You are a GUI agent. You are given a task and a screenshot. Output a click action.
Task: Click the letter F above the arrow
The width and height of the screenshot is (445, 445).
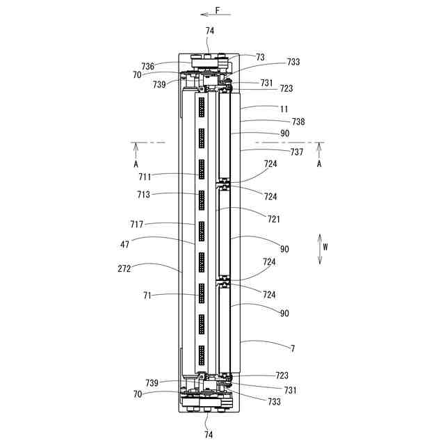pos(218,10)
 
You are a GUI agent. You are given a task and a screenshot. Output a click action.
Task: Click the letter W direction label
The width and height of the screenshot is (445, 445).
pos(325,246)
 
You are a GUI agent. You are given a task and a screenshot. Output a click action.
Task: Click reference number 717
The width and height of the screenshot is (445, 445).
pos(138,224)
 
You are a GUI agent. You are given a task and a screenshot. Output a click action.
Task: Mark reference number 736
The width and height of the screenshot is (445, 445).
pos(148,66)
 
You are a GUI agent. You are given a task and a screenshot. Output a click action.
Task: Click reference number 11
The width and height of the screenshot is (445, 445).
pos(284,108)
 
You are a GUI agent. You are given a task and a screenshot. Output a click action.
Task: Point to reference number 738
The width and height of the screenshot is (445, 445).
pos(298,122)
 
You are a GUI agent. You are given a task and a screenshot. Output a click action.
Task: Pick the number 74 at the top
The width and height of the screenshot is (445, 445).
pos(210,31)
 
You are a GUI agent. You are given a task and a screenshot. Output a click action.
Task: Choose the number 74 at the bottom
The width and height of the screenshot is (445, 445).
pos(209,434)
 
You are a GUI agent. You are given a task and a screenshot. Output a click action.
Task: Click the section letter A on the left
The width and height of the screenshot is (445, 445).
pos(137,164)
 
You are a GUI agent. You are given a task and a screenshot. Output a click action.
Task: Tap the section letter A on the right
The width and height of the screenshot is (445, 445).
pos(319,164)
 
